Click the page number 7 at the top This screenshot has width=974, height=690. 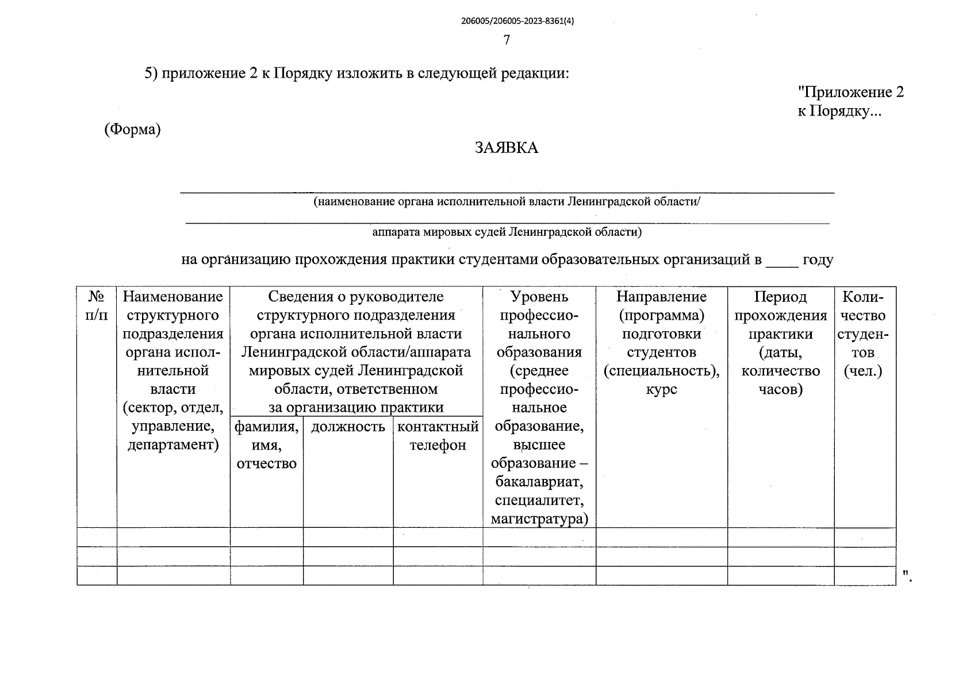(507, 40)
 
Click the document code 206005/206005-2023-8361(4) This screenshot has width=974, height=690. (517, 21)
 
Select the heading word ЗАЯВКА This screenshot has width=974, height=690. (507, 148)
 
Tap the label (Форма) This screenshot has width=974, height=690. (132, 130)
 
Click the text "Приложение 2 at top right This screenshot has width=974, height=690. (850, 92)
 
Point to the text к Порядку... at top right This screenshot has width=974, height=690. (839, 111)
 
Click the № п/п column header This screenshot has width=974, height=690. (97, 306)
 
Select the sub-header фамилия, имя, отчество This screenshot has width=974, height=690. (266, 445)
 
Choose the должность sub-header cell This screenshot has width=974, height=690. (348, 427)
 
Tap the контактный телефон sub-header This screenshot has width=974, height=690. (438, 436)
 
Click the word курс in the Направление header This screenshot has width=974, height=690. (661, 389)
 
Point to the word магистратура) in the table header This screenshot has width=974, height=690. (539, 519)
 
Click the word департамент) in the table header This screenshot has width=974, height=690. (173, 445)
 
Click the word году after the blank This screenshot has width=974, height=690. (818, 260)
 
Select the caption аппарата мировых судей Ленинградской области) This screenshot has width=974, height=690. (507, 232)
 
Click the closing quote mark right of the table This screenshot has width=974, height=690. (906, 574)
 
